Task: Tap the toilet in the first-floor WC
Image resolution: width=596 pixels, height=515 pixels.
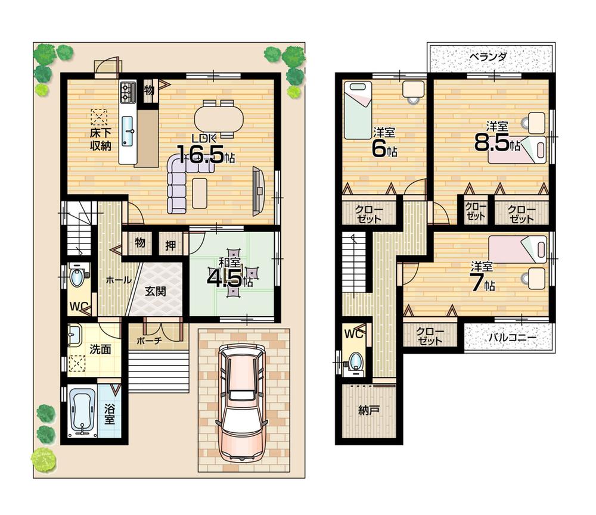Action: pos(77,277)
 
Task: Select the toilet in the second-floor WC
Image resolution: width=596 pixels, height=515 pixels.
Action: pos(356,361)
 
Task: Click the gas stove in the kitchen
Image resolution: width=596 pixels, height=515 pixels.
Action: pos(128,92)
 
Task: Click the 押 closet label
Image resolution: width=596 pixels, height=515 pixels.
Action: pos(170,244)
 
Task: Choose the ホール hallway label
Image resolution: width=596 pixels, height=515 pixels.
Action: pos(119,280)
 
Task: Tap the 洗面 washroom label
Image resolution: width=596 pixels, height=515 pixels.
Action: pos(100,349)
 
